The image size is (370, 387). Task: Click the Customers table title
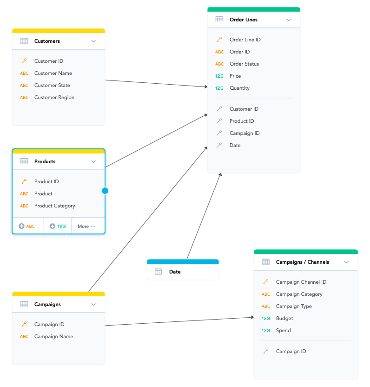click(47, 41)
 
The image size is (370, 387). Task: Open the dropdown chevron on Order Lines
click(289, 20)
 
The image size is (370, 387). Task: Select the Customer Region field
click(54, 97)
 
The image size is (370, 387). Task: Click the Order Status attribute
click(244, 64)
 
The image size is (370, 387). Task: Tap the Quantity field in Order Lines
click(239, 88)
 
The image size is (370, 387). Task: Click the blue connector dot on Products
click(105, 191)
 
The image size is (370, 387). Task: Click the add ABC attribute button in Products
click(27, 227)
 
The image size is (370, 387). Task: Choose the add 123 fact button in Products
click(58, 227)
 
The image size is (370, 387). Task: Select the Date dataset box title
click(175, 272)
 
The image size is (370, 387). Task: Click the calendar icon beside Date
click(159, 272)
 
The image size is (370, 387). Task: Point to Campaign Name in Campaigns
click(53, 336)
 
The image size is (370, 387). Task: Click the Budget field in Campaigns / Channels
click(284, 318)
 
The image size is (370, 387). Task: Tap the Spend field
click(283, 330)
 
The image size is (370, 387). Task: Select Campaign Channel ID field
click(301, 282)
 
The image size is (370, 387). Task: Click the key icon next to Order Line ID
click(219, 40)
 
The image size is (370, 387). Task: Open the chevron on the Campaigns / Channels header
click(346, 262)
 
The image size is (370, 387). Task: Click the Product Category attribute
click(54, 206)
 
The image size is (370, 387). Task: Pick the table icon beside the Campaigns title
click(24, 304)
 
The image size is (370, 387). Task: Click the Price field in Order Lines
click(235, 76)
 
